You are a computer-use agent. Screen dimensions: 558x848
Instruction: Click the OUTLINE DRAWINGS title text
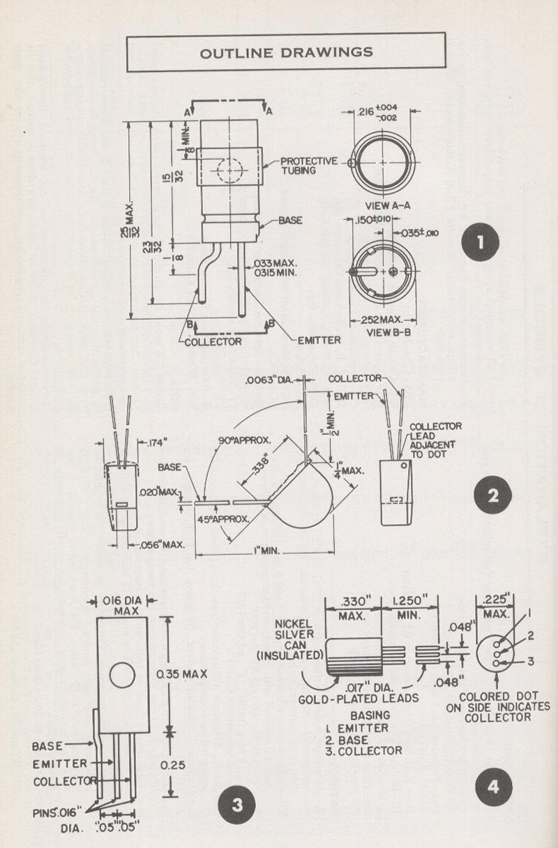click(x=287, y=52)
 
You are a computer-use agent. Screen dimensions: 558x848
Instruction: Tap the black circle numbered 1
click(x=480, y=242)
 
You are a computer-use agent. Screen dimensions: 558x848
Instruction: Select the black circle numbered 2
click(x=492, y=496)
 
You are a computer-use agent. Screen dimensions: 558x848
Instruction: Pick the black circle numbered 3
click(x=237, y=805)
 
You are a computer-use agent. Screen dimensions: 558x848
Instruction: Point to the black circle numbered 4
click(x=493, y=787)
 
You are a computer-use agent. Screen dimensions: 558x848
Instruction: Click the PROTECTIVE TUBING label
click(x=309, y=165)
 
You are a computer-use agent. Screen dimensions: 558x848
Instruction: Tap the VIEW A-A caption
click(x=388, y=206)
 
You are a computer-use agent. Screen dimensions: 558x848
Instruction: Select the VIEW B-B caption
click(x=389, y=332)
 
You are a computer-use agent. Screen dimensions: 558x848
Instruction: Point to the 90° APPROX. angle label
click(x=244, y=440)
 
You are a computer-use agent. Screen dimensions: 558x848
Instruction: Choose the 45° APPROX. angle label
click(x=223, y=519)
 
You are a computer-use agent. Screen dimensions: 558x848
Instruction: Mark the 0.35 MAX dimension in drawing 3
click(x=181, y=674)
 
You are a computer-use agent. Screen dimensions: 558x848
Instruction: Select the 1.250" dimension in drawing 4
click(x=409, y=601)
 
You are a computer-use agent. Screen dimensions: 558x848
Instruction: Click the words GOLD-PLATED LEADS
click(x=359, y=699)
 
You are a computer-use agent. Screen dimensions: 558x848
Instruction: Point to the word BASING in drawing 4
click(x=370, y=715)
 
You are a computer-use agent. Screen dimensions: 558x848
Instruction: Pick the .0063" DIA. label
click(x=269, y=380)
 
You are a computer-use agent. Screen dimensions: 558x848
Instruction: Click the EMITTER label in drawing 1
click(x=319, y=341)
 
